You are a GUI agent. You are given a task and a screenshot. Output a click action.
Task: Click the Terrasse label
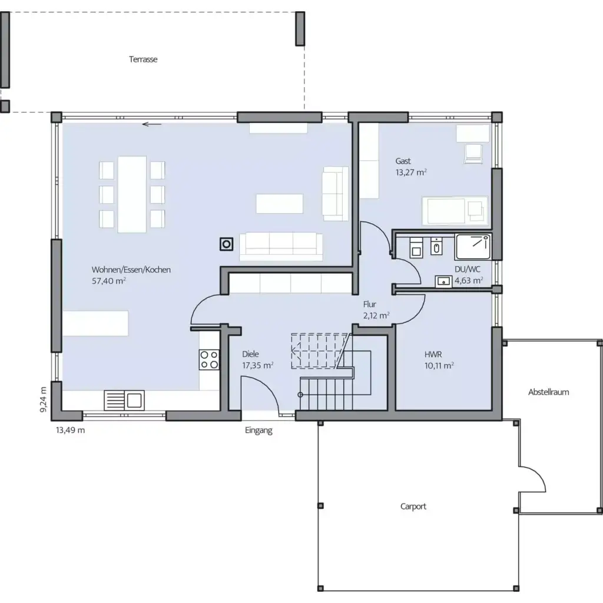pyautogui.click(x=143, y=59)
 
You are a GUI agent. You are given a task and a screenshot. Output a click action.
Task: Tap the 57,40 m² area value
pyautogui.click(x=109, y=281)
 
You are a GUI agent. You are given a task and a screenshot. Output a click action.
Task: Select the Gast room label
pyautogui.click(x=403, y=161)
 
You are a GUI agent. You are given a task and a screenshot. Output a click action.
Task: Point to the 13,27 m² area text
pyautogui.click(x=411, y=173)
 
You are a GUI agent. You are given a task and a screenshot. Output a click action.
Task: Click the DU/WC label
pyautogui.click(x=467, y=269)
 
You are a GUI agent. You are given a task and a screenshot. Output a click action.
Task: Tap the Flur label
pyautogui.click(x=370, y=304)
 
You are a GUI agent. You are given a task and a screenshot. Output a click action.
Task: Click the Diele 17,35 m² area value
pyautogui.click(x=257, y=366)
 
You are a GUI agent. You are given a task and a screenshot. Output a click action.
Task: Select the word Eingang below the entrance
pyautogui.click(x=259, y=430)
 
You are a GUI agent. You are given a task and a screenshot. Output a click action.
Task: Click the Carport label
pyautogui.click(x=413, y=506)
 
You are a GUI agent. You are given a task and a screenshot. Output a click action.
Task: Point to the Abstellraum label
pyautogui.click(x=548, y=392)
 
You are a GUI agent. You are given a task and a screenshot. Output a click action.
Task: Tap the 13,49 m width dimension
pyautogui.click(x=70, y=430)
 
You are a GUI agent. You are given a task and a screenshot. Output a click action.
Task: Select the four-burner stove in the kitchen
pyautogui.click(x=208, y=359)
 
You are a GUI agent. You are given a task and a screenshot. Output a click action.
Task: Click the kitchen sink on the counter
pyautogui.click(x=124, y=400)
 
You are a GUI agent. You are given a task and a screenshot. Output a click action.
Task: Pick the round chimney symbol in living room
pyautogui.click(x=226, y=243)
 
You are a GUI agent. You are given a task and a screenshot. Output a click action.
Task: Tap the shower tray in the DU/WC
pyautogui.click(x=472, y=246)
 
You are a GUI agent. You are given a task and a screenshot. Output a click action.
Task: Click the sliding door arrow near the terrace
pyautogui.click(x=153, y=124)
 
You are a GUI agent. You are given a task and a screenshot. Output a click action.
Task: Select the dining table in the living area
pyautogui.click(x=132, y=194)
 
